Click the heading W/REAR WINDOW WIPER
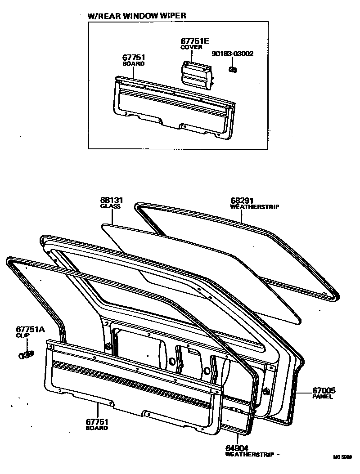(136, 15)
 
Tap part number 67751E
(194, 41)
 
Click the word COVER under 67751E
(191, 47)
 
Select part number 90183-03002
(233, 54)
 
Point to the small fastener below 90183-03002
(233, 70)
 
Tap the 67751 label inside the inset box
(134, 58)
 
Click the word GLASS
(110, 206)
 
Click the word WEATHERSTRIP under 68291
(255, 207)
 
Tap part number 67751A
(30, 329)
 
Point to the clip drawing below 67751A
(26, 355)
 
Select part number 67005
(324, 390)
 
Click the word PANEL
(323, 397)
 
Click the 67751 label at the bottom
(96, 422)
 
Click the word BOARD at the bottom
(97, 428)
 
